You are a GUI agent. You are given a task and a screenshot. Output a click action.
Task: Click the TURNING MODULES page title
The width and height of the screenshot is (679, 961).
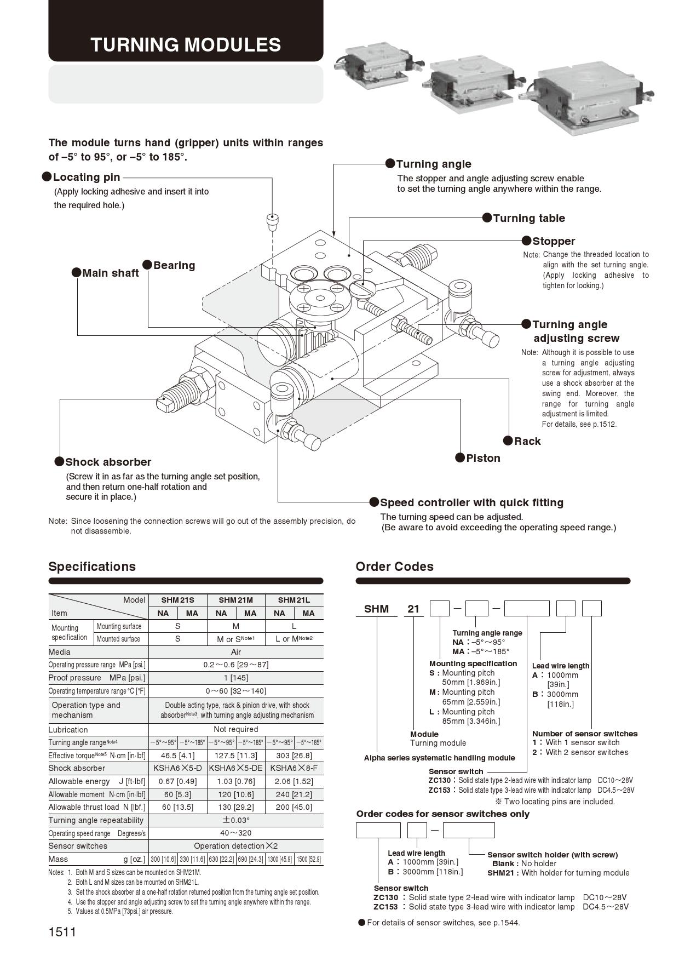point(186,45)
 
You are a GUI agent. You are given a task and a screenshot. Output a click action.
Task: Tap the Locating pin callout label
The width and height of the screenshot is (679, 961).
point(87,177)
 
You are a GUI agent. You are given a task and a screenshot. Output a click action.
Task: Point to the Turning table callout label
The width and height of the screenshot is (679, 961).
point(528,218)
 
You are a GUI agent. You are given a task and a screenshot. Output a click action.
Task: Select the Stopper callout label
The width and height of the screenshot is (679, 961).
point(553,241)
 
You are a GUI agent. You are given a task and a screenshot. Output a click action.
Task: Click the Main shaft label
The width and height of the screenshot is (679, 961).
point(110,273)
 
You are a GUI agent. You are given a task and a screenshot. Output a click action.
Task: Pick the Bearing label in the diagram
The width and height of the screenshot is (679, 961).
point(174,265)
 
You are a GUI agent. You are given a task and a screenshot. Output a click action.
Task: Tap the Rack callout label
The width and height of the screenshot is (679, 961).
point(527,441)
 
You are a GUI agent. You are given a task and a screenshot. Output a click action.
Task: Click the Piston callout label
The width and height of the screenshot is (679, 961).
point(483,458)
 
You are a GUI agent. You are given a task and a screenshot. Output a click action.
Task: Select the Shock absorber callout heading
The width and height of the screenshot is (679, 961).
point(108,462)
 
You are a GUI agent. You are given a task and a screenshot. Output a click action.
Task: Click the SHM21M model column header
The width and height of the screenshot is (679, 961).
point(235,600)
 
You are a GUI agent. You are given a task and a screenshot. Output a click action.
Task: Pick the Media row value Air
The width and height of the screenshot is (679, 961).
point(235,652)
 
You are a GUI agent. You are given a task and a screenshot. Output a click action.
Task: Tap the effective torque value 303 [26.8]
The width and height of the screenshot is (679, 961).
point(294,756)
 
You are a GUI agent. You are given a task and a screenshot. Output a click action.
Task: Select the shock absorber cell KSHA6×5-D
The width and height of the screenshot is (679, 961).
point(177,768)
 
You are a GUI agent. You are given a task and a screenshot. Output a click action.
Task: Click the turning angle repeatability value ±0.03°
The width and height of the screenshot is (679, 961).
point(235,820)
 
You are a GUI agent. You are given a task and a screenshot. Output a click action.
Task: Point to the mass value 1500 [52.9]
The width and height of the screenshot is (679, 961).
point(308,859)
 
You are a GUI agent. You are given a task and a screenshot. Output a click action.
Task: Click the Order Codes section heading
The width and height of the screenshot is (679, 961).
point(394,567)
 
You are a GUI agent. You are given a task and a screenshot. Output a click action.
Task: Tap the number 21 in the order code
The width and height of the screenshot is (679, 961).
point(413,609)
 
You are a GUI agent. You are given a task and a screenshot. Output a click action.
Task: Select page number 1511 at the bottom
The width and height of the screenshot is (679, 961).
point(62,932)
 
